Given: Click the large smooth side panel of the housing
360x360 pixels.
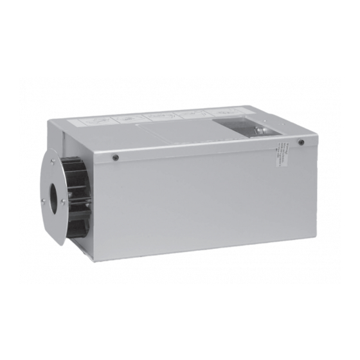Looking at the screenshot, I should [x=193, y=199].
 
